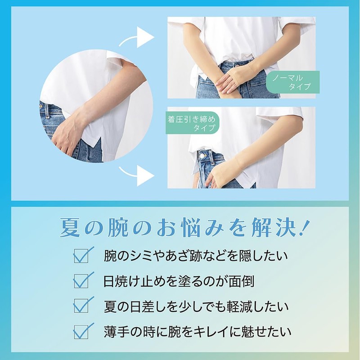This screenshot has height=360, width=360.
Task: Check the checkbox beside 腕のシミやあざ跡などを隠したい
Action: (x=82, y=256)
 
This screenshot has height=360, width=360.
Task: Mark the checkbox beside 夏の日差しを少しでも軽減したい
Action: (x=82, y=306)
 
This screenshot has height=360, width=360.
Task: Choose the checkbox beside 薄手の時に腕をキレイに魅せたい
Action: (x=82, y=332)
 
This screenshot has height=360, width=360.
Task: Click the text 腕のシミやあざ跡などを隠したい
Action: (x=195, y=256)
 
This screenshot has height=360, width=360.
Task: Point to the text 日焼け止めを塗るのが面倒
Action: (x=178, y=281)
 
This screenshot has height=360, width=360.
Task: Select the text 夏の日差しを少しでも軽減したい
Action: (x=195, y=306)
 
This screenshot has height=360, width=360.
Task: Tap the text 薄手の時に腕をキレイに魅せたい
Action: (x=195, y=332)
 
